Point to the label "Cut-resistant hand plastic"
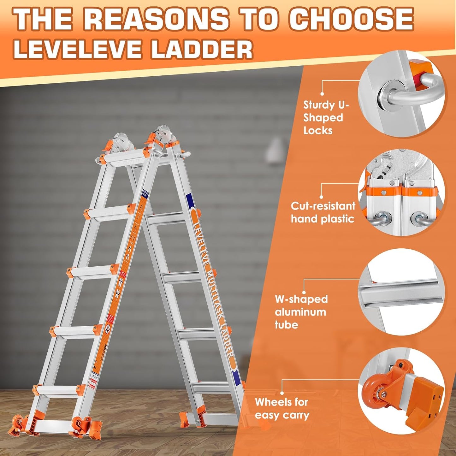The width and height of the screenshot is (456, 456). tap(323, 212)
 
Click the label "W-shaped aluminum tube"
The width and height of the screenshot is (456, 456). tap(301, 312)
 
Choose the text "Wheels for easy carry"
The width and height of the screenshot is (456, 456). tap(281, 408)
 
